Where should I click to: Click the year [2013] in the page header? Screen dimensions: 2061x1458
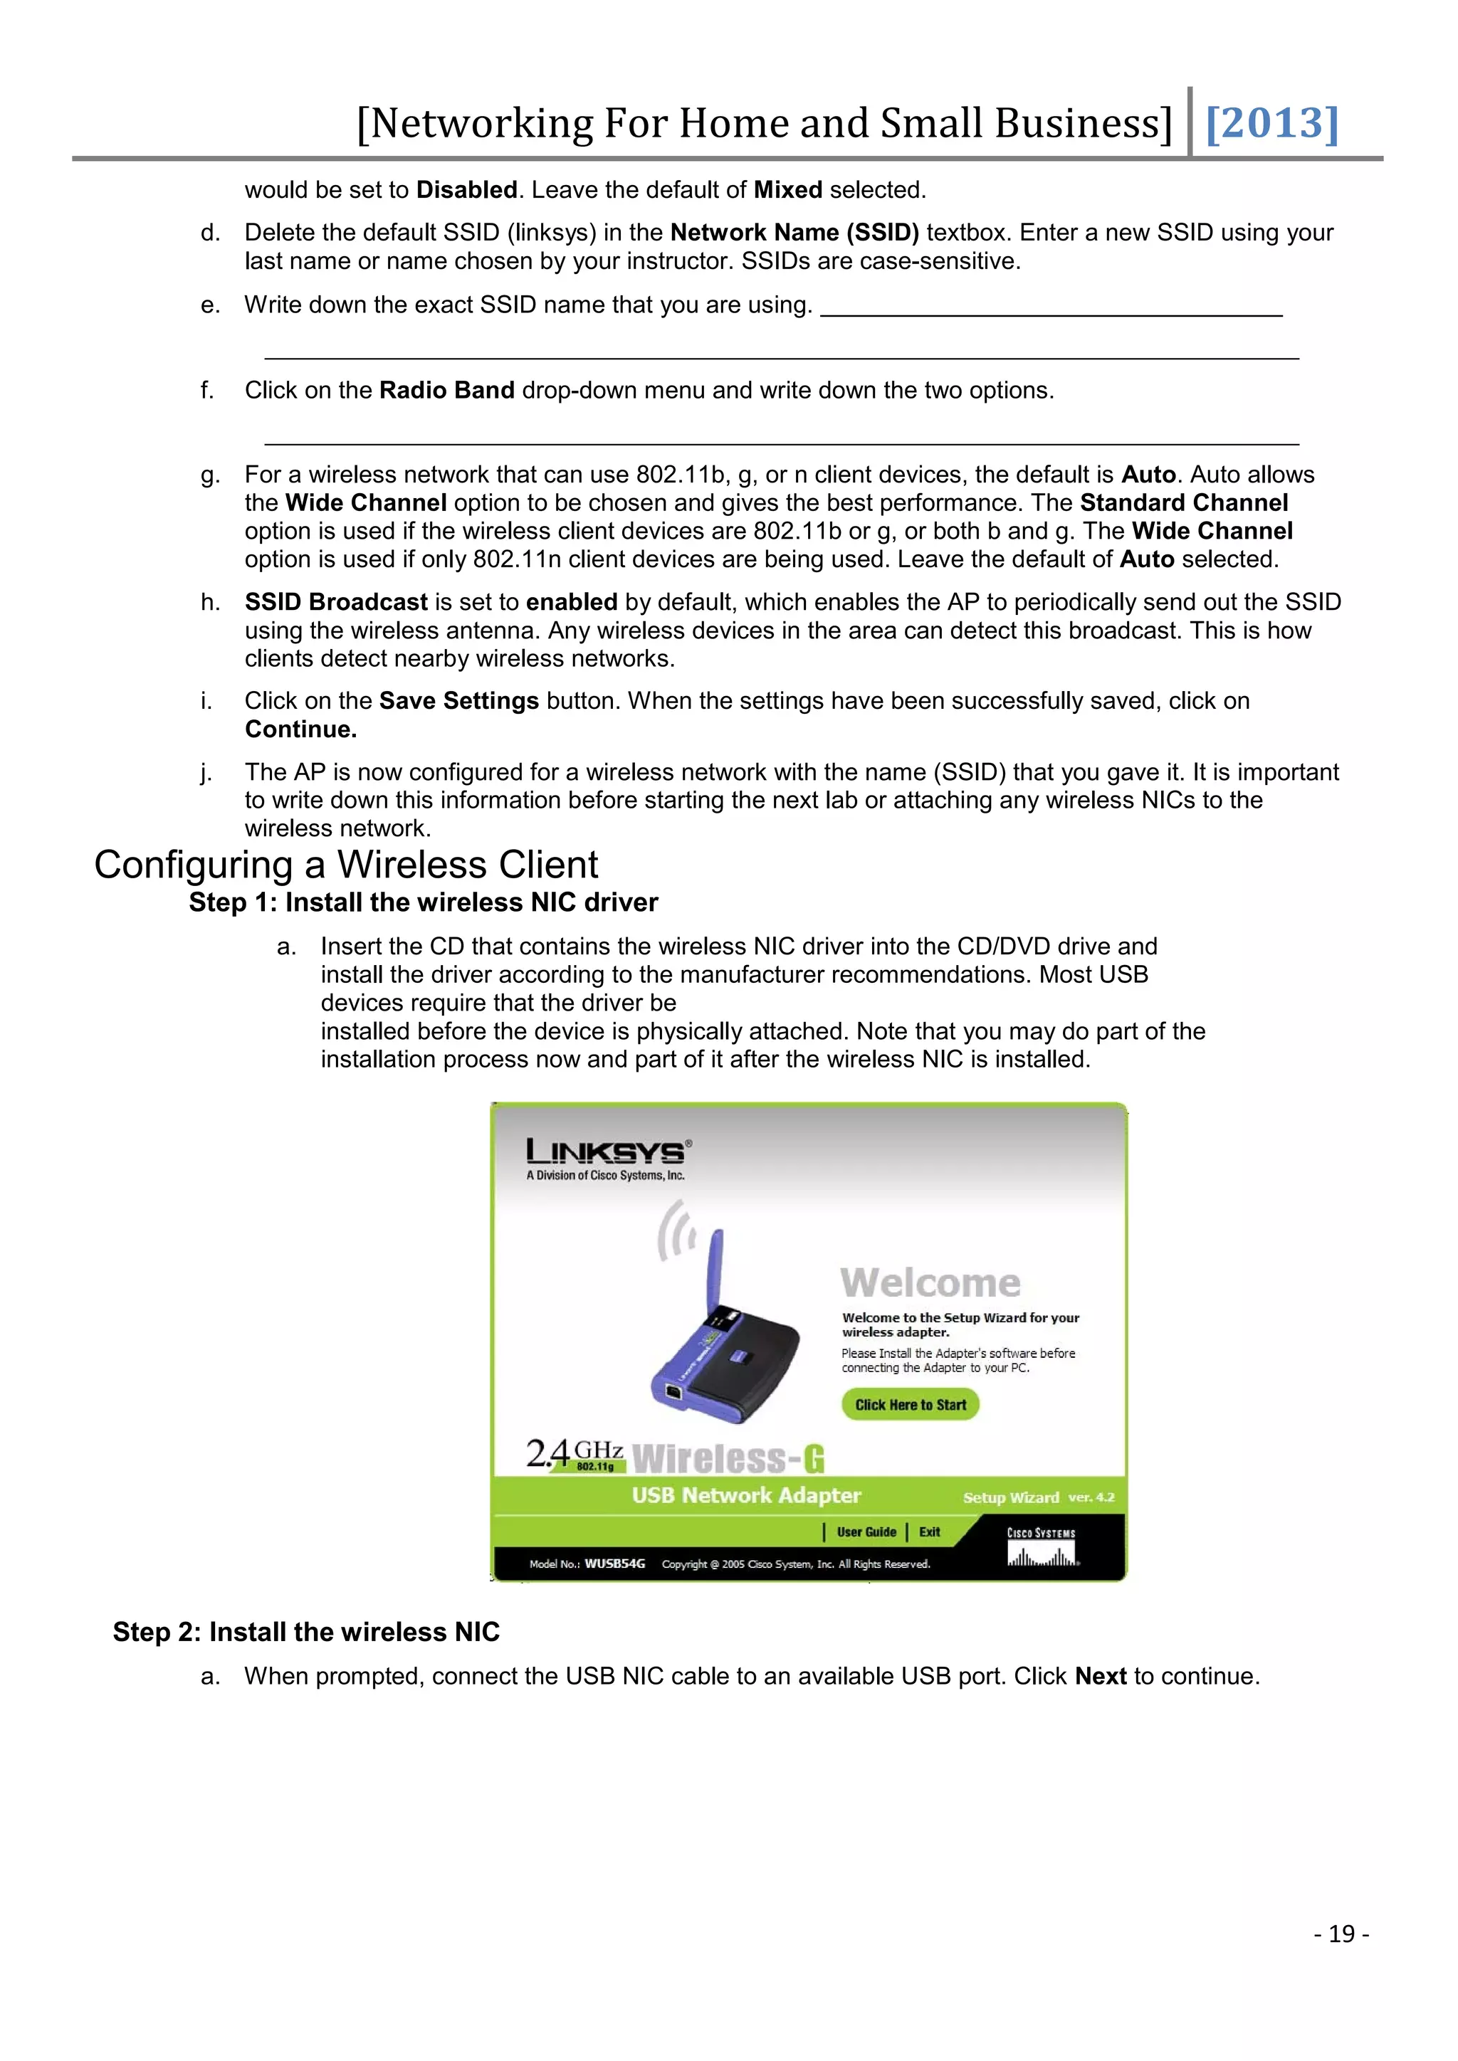(1271, 123)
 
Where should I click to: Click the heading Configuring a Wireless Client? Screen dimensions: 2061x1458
(346, 865)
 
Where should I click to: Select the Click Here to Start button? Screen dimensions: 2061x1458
(911, 1405)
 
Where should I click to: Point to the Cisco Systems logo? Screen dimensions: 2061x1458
(1042, 1546)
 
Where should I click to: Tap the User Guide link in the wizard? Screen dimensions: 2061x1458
(866, 1532)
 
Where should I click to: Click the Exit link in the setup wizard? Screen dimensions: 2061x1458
(929, 1532)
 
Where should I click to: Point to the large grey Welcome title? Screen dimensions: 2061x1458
(930, 1282)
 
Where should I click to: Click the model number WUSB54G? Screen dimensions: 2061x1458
(615, 1564)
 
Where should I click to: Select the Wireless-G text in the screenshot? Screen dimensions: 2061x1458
(728, 1459)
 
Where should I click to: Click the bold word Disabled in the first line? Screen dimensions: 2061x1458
(467, 190)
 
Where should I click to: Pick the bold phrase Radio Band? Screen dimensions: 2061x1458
(447, 391)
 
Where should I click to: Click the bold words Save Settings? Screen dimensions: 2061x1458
(458, 701)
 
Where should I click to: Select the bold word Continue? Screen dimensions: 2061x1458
(300, 729)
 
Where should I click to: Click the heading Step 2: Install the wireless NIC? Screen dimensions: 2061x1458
(306, 1632)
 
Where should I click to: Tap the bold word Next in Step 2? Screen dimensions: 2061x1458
(1101, 1677)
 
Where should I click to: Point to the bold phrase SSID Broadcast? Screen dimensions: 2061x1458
(337, 602)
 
